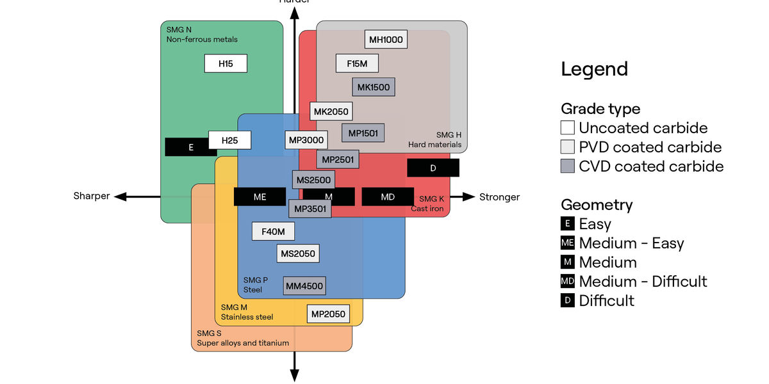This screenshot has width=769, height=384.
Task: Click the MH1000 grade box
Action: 385,40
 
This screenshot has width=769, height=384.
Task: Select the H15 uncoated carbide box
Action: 226,63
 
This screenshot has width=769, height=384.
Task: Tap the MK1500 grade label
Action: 373,87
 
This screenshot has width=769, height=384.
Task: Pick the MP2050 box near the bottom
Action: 328,314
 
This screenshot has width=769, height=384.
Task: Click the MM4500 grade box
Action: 304,286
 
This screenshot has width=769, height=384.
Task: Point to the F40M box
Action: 273,231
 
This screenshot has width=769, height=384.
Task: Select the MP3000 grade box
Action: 306,140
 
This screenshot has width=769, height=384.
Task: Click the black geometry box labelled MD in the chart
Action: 388,196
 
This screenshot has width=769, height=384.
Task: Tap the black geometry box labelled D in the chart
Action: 433,168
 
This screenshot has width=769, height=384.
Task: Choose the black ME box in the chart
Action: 260,196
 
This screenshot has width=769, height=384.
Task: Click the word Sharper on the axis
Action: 92,196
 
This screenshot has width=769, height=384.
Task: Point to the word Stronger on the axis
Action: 499,196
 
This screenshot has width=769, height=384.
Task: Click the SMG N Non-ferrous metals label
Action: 201,35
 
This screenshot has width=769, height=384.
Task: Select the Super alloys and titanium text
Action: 243,343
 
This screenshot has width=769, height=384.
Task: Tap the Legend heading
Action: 594,69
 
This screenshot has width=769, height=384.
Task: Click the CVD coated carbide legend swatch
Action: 568,166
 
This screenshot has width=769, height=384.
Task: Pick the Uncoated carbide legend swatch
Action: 568,127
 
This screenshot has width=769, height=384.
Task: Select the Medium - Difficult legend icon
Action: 568,282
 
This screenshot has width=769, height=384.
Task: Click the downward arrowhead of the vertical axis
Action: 294,376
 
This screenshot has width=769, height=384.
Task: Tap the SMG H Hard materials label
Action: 435,140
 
